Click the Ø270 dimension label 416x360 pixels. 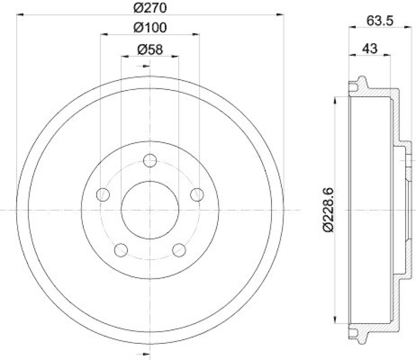pos(150,8)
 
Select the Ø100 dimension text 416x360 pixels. pos(150,28)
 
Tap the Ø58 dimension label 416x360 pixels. pos(150,49)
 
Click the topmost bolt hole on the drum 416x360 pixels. pos(150,160)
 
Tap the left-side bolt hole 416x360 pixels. pos(103,195)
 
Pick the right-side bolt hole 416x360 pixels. pos(197,195)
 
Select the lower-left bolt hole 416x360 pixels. pos(121,250)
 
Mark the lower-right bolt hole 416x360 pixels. pos(179,250)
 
